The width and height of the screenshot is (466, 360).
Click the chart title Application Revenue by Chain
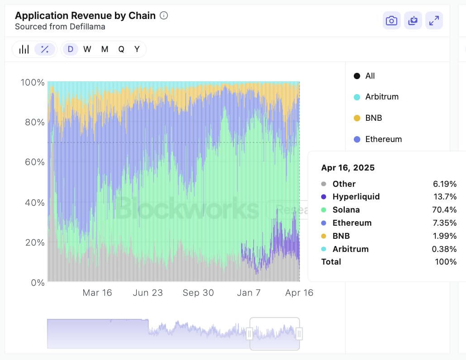85,15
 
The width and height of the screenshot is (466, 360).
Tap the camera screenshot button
391,21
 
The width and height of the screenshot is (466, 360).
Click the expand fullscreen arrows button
434,21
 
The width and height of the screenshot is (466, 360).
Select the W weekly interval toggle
87,49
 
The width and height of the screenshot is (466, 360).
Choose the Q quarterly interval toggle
121,49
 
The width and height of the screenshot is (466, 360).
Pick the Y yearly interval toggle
137,49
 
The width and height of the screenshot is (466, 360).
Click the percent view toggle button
45,49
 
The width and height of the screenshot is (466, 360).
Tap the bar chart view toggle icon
24,49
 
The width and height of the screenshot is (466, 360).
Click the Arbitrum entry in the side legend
381,97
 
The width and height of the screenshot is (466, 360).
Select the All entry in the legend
370,76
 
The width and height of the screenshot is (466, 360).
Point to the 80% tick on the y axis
33,122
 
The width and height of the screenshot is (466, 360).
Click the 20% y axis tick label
33,242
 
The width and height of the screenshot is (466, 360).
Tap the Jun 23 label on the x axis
147,293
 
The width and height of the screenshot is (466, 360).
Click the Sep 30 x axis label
198,293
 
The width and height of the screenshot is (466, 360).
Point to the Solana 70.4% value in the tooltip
445,210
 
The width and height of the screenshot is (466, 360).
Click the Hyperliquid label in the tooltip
356,197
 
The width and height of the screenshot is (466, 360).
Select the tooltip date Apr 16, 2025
348,168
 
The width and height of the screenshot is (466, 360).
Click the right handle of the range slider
299,334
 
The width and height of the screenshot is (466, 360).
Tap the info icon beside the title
164,15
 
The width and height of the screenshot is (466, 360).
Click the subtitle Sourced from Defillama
60,27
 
